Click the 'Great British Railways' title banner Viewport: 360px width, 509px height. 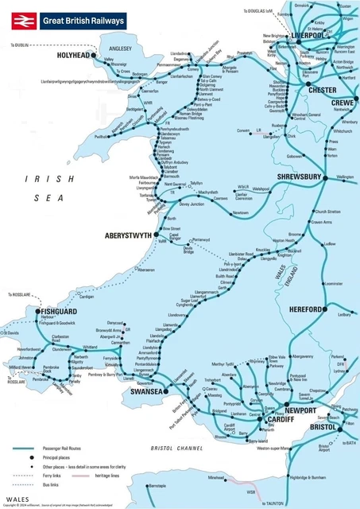point(83,20)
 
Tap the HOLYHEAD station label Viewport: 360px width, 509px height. point(74,57)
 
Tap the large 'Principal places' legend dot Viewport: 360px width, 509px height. point(24,459)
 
